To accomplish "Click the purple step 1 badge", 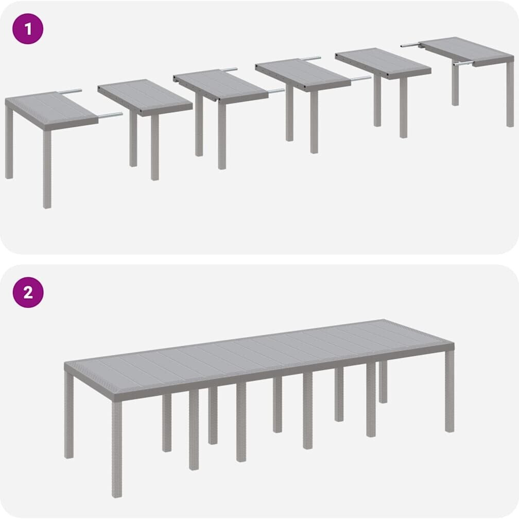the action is pos(28,29).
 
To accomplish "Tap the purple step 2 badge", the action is pos(28,292).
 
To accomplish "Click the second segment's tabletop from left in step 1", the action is pos(145,97).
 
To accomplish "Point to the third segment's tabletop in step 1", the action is pos(221,85).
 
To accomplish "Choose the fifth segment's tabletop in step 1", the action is pos(383,63).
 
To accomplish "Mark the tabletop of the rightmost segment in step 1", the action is pos(466,51).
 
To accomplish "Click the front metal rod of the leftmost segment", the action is pos(110,115).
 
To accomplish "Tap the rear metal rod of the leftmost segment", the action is pos(70,91).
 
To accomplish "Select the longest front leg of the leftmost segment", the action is pos(47,169).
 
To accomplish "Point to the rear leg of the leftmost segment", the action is pos(9,142).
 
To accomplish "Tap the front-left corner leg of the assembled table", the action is pos(116,448).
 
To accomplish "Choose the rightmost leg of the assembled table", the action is pos(449,391).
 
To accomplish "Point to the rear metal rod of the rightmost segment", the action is pos(410,45).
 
